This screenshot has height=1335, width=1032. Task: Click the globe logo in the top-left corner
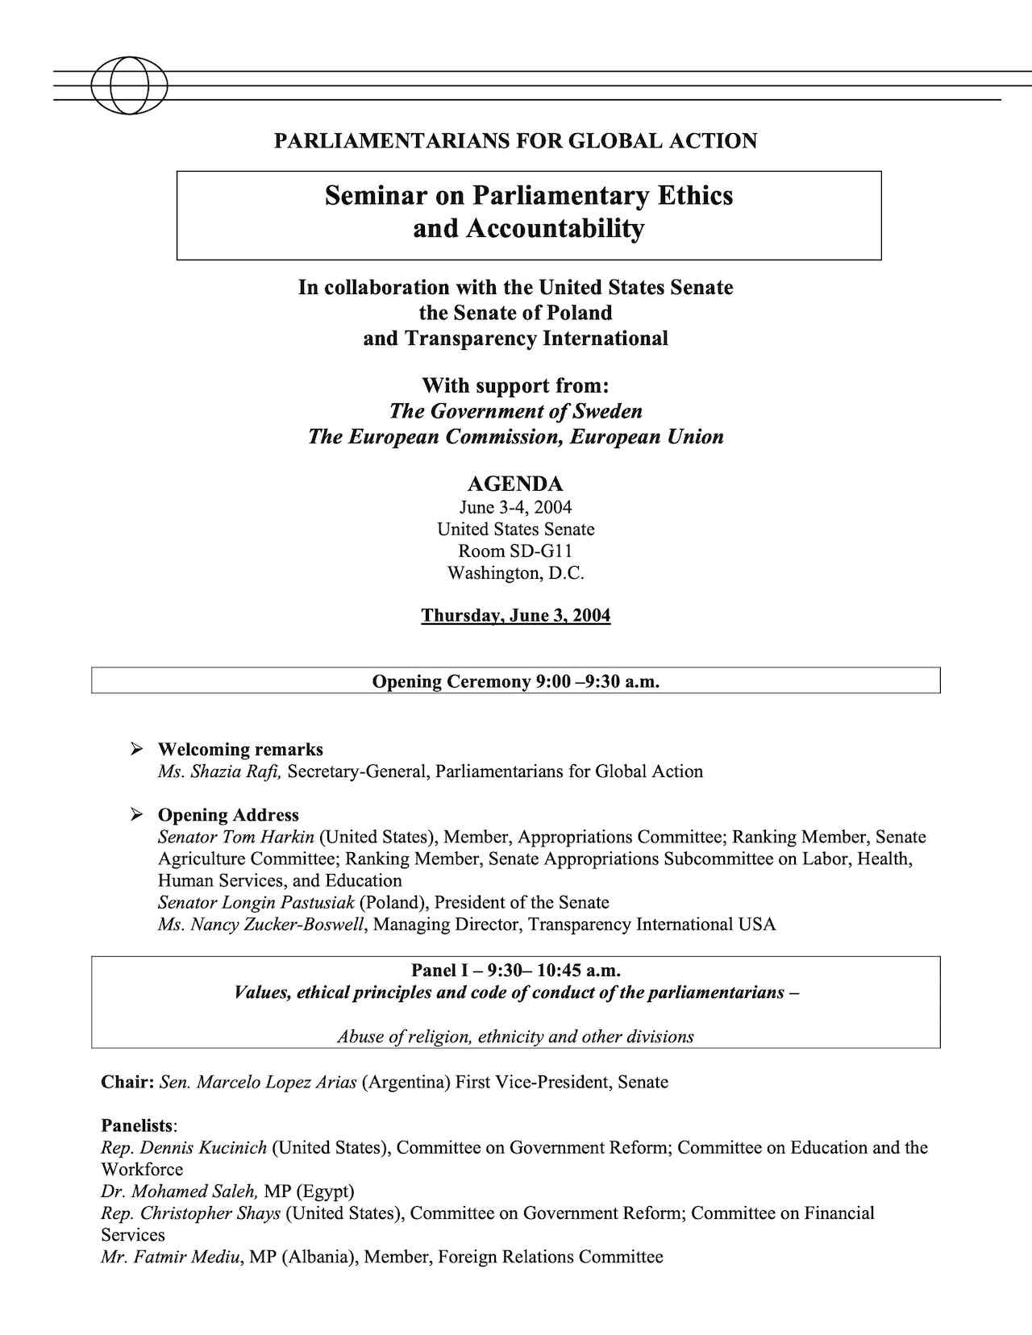click(129, 85)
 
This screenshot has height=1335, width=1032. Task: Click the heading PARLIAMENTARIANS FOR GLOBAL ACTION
click(515, 141)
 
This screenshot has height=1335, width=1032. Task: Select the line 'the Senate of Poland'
click(515, 313)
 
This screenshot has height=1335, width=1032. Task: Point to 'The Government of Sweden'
click(515, 411)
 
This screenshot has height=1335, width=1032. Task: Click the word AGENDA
click(515, 484)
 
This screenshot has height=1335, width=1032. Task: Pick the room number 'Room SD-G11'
click(515, 551)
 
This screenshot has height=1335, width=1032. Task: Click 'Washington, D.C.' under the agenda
click(515, 573)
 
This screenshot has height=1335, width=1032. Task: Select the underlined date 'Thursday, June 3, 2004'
click(515, 616)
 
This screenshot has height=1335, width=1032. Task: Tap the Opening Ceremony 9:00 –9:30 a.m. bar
click(515, 681)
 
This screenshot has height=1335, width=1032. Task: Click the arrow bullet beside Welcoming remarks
click(137, 750)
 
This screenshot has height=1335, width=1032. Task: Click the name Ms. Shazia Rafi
click(219, 771)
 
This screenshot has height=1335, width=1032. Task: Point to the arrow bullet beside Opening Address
click(137, 815)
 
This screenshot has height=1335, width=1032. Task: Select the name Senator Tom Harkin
click(235, 837)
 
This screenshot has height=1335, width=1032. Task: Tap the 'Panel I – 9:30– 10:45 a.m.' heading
click(515, 970)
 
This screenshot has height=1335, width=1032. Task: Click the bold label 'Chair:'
click(127, 1082)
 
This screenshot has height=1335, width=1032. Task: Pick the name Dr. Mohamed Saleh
click(179, 1191)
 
